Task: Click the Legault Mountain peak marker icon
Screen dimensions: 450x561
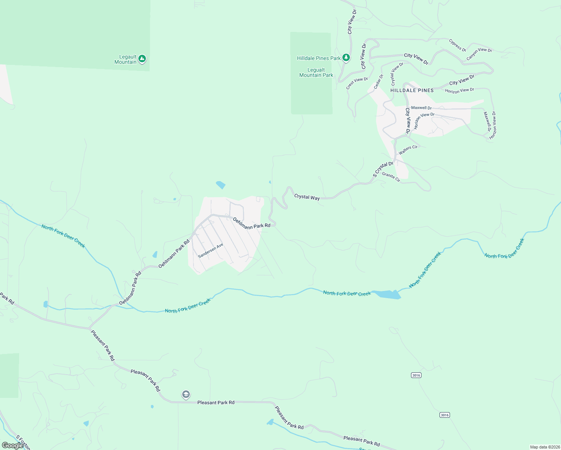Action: pos(142,58)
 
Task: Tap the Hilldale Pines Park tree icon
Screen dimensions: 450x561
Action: pos(346,58)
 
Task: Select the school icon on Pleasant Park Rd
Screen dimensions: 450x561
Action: pos(186,394)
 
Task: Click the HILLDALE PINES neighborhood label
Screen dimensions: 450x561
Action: pos(412,90)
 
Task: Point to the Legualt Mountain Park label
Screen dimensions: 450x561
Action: pos(316,72)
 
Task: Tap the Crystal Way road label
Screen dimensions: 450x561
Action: pos(307,197)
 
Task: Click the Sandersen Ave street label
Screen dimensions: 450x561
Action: pos(211,250)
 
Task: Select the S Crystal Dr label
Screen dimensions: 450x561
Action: pos(383,169)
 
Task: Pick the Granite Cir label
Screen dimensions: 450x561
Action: pos(391,177)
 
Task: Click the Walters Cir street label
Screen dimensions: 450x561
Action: pos(408,150)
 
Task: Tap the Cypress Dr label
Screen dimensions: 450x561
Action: pos(457,46)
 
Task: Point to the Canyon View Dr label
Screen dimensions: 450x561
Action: pos(479,54)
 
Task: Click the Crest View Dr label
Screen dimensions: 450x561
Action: pos(357,83)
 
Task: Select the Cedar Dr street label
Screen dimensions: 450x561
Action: pos(378,81)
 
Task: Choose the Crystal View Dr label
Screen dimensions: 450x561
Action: pos(397,73)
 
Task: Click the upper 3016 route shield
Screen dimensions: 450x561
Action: pos(416,375)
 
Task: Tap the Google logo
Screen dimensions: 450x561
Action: pos(12,445)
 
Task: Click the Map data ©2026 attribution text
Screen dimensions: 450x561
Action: pos(544,447)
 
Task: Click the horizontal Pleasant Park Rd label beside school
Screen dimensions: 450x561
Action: pos(216,402)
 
